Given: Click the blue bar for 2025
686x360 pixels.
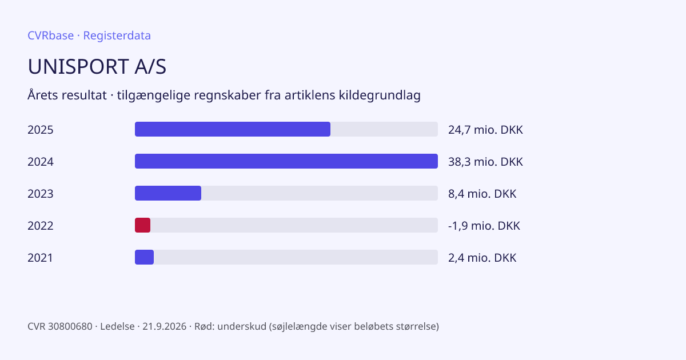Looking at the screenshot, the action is (x=233, y=129).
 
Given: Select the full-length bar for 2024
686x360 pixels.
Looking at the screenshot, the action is (x=286, y=161).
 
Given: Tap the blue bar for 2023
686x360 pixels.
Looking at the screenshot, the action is (x=168, y=193).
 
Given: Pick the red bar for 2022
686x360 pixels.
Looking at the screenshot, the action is (x=142, y=225).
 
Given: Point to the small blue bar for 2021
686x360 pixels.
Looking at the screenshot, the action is (x=144, y=257).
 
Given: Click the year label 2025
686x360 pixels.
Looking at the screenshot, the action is (x=41, y=130).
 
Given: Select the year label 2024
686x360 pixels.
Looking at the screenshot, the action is (x=41, y=162).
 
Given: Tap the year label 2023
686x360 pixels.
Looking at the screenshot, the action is (x=41, y=194).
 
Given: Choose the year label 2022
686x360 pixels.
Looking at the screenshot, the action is (x=41, y=226).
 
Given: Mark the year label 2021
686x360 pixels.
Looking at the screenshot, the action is (x=40, y=258).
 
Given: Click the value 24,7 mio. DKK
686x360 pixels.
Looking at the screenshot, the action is (x=485, y=130).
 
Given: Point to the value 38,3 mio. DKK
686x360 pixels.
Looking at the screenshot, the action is (x=485, y=162).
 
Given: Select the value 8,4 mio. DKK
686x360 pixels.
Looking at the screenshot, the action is (x=482, y=194).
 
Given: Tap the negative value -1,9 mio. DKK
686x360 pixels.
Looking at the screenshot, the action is (x=484, y=226).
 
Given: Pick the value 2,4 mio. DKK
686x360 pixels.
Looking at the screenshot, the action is (x=482, y=258).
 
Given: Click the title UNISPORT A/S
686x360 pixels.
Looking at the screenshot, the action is (x=97, y=66).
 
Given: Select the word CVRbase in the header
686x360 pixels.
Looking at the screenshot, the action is (x=50, y=35).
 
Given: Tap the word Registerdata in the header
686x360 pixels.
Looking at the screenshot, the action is (x=117, y=35).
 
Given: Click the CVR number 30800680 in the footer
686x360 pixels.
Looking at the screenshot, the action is (x=70, y=326).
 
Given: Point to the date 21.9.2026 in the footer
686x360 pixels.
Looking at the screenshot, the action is (x=164, y=326).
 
